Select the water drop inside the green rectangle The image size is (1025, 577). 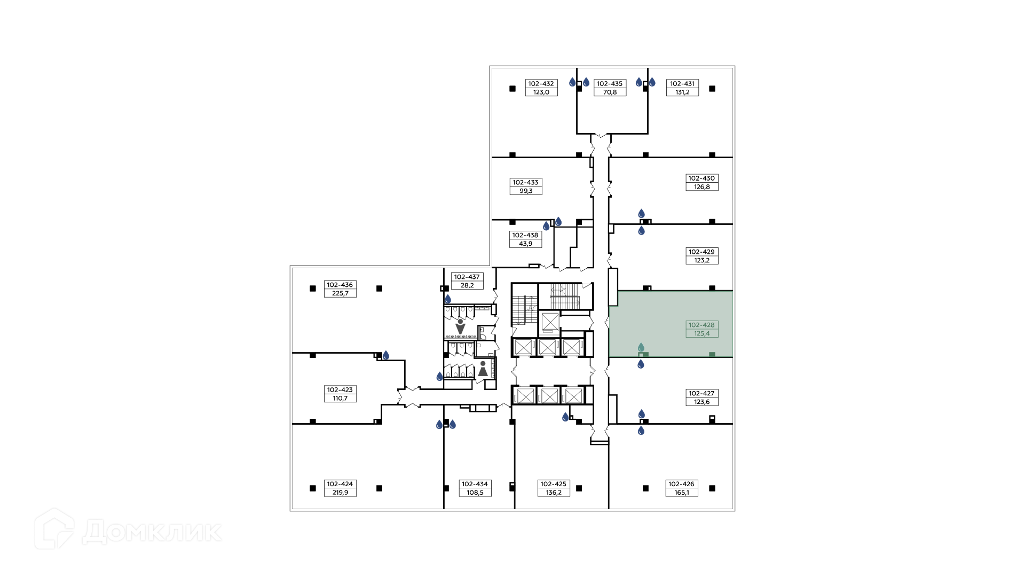click(x=641, y=347)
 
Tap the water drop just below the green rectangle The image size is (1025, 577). click(x=641, y=364)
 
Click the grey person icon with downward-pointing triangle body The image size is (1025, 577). click(x=460, y=326)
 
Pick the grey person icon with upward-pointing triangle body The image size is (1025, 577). click(x=483, y=369)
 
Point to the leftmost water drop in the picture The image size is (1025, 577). click(x=386, y=355)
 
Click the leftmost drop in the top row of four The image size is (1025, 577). click(x=572, y=82)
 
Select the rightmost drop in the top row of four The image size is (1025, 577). click(x=652, y=82)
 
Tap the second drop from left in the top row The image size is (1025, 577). click(x=586, y=82)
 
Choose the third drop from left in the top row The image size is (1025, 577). click(x=639, y=82)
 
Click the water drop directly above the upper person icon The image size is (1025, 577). click(x=448, y=299)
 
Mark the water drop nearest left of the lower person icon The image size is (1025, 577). click(x=439, y=377)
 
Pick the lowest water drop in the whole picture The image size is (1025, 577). click(x=641, y=431)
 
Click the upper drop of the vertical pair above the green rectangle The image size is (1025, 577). click(x=642, y=214)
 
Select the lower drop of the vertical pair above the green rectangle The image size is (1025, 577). click(x=642, y=231)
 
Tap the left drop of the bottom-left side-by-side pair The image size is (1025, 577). click(x=439, y=425)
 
